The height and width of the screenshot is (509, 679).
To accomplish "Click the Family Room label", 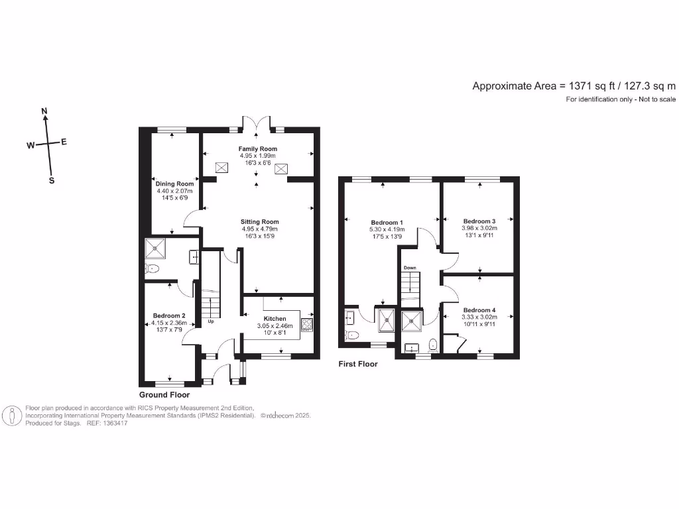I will [x=259, y=149].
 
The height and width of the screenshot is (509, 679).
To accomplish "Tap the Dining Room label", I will [x=175, y=184].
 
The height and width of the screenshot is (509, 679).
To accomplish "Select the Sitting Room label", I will [x=259, y=222].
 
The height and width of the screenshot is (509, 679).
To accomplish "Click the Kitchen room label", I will [x=275, y=319].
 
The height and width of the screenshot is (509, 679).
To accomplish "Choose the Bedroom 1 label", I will [x=387, y=222].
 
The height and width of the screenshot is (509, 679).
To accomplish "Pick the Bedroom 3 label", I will [x=479, y=221].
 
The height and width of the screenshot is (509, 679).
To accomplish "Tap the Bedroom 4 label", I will [x=479, y=310].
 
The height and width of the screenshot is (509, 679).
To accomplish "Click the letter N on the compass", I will [x=44, y=111].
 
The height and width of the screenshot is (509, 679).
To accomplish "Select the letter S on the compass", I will [x=52, y=180].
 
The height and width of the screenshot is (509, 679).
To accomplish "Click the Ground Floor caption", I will [x=164, y=394].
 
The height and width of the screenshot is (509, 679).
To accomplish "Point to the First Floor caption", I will [x=358, y=364].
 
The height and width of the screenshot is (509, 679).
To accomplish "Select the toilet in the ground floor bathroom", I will [x=153, y=269].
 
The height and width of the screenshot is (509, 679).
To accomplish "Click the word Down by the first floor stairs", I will [x=409, y=268].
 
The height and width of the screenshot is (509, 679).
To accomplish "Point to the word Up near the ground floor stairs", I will [x=212, y=322].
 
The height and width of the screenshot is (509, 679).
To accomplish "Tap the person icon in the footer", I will [x=12, y=416].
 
